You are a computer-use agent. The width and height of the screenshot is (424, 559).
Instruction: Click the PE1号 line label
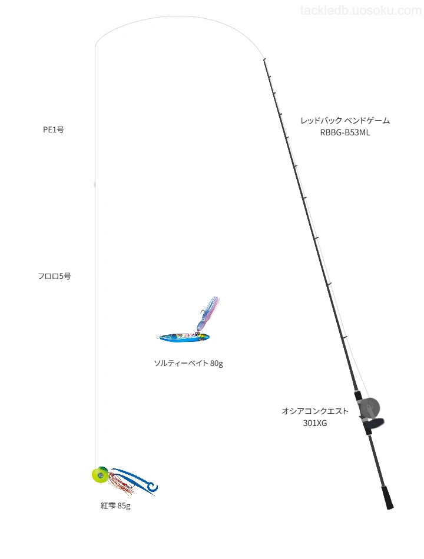(54, 129)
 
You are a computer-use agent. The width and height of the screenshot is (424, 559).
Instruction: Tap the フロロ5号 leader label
(54, 276)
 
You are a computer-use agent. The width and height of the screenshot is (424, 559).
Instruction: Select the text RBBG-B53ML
(344, 132)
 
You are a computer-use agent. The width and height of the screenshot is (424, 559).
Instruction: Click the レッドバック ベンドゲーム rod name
(345, 121)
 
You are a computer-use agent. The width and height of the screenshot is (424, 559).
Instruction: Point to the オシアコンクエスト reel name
(315, 411)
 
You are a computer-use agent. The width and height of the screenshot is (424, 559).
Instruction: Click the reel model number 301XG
(315, 423)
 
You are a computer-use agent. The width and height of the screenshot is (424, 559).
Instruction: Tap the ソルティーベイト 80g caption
(188, 363)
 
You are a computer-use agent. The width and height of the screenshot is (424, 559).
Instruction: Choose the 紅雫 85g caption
(115, 505)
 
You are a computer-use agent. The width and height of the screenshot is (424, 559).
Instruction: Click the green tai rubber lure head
(100, 474)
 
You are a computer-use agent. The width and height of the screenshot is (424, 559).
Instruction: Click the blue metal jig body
(183, 337)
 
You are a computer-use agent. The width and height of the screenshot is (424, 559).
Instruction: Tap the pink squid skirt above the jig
(207, 312)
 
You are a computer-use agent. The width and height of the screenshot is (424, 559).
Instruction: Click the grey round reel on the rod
(369, 409)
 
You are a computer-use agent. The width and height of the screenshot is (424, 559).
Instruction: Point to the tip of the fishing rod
(264, 59)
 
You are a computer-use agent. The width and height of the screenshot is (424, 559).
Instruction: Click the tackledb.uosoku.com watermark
(361, 11)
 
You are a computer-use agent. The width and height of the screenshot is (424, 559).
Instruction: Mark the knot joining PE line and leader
(95, 184)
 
